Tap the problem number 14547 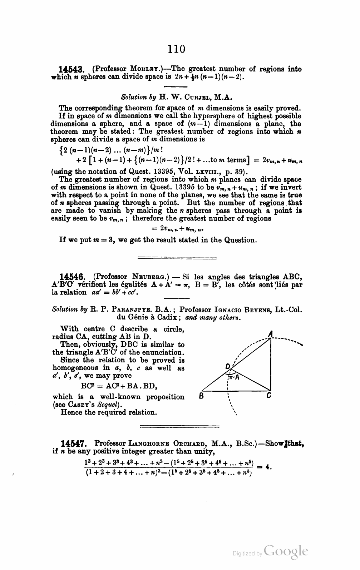click(x=74, y=443)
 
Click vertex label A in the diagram click(x=271, y=333)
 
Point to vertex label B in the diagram click(x=201, y=396)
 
